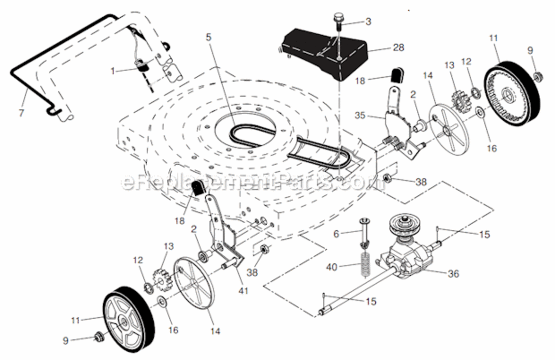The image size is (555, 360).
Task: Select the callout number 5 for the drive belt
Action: pos(209,36)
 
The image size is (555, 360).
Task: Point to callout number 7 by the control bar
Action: pos(22,113)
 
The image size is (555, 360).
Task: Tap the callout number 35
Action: pos(360,116)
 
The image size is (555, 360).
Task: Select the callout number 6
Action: pos(336,234)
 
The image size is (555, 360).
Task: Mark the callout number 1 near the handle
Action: pos(113,71)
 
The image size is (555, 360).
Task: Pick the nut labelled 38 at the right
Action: pos(388,178)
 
